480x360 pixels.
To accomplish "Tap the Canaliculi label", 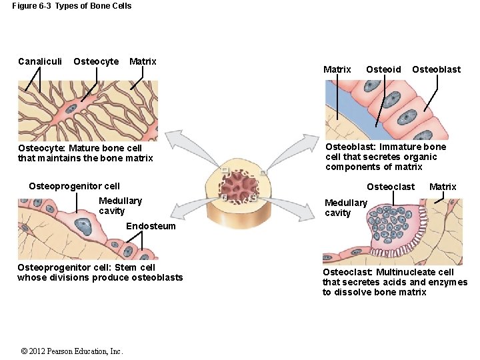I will [x=40, y=61].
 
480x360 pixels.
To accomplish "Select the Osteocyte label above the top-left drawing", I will [x=96, y=61].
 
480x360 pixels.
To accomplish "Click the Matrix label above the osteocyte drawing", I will [x=143, y=61].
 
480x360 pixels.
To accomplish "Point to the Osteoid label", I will [x=383, y=69].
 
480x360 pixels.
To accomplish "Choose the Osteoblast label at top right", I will [x=436, y=69].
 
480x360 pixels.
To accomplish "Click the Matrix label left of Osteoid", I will [x=337, y=69].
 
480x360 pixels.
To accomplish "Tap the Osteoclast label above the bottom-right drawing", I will [x=391, y=187].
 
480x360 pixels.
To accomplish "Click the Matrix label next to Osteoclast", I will [x=443, y=187].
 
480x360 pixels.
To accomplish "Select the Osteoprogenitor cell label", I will [x=75, y=186].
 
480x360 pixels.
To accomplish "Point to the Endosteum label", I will [x=151, y=226].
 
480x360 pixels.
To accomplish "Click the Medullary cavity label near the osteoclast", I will [x=345, y=207].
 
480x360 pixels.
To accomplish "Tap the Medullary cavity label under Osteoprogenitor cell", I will [x=120, y=205].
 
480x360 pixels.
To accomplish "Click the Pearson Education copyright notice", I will [x=71, y=351].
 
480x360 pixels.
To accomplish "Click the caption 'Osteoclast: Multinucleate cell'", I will [x=388, y=272].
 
